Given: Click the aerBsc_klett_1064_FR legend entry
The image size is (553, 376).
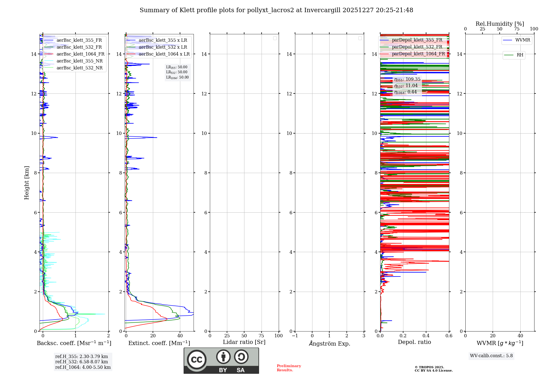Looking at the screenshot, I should pyautogui.click(x=80, y=54).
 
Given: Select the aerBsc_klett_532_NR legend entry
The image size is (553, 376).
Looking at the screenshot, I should pyautogui.click(x=79, y=68).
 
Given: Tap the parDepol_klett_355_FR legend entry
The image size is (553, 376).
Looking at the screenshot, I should pyautogui.click(x=417, y=40).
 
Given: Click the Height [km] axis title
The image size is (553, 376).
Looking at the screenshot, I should pyautogui.click(x=27, y=183).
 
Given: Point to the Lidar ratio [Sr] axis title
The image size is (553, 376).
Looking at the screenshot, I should pyautogui.click(x=244, y=342).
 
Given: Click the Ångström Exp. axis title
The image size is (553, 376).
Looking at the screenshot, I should pyautogui.click(x=329, y=344).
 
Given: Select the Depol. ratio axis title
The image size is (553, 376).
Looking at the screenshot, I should pyautogui.click(x=414, y=342).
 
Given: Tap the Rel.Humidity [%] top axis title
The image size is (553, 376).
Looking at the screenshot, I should pyautogui.click(x=500, y=24).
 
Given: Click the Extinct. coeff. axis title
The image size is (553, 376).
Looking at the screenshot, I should pyautogui.click(x=159, y=343).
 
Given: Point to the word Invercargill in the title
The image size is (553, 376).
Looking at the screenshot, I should pyautogui.click(x=322, y=10).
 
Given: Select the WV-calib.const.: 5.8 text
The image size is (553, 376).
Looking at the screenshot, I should pyautogui.click(x=491, y=356).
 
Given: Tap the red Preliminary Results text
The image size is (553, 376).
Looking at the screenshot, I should pyautogui.click(x=289, y=368).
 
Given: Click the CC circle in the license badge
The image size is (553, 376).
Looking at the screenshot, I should pyautogui.click(x=197, y=360).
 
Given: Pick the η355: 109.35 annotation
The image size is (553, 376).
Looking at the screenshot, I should pyautogui.click(x=407, y=79).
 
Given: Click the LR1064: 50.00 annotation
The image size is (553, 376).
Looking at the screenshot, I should pyautogui.click(x=177, y=77).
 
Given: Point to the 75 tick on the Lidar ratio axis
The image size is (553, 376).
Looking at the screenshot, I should pyautogui.click(x=261, y=336).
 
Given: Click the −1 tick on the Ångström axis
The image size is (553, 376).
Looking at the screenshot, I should pyautogui.click(x=295, y=336).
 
